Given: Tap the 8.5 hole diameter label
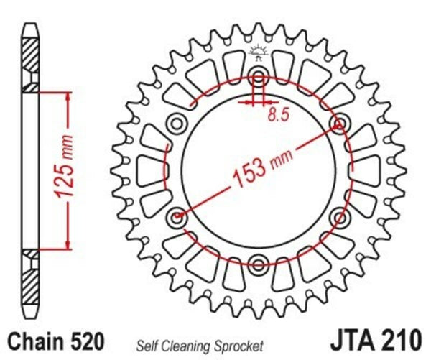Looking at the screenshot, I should pos(275,112).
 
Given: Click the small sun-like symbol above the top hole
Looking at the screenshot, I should pos(259,52).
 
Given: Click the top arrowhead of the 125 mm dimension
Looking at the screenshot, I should pos(68,96).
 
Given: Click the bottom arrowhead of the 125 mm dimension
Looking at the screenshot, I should pos(68,244).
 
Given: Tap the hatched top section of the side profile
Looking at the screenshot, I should pos(31,54).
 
